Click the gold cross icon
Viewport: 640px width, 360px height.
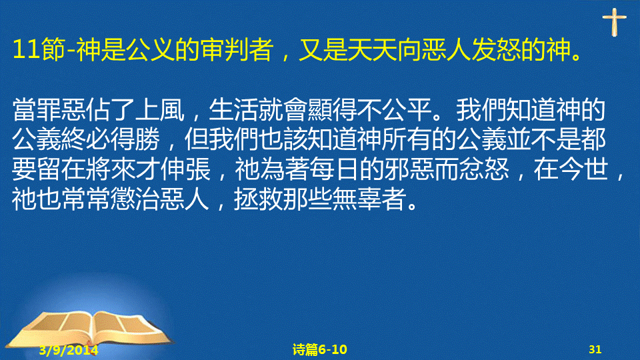(614, 22)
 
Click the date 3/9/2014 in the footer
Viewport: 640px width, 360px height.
(69, 350)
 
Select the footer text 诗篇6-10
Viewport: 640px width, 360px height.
(319, 349)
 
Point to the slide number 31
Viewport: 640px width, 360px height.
(595, 349)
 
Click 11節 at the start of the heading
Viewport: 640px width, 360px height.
(39, 50)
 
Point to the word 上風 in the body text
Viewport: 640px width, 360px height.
(160, 110)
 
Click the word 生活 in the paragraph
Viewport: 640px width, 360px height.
(233, 110)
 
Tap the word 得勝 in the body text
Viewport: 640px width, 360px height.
(135, 139)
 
